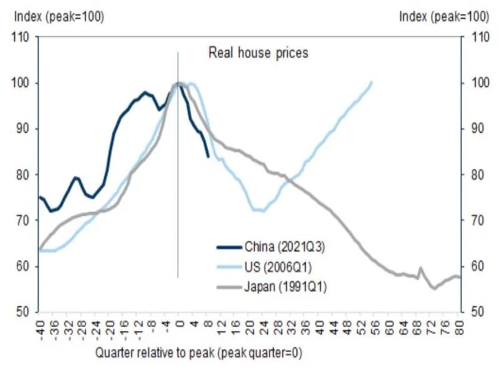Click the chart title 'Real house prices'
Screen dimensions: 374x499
[258, 53]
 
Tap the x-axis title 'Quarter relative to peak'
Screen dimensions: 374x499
[198, 353]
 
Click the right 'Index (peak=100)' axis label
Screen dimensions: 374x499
[443, 17]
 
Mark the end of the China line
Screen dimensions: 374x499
[208, 156]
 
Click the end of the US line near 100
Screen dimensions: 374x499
[372, 82]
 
